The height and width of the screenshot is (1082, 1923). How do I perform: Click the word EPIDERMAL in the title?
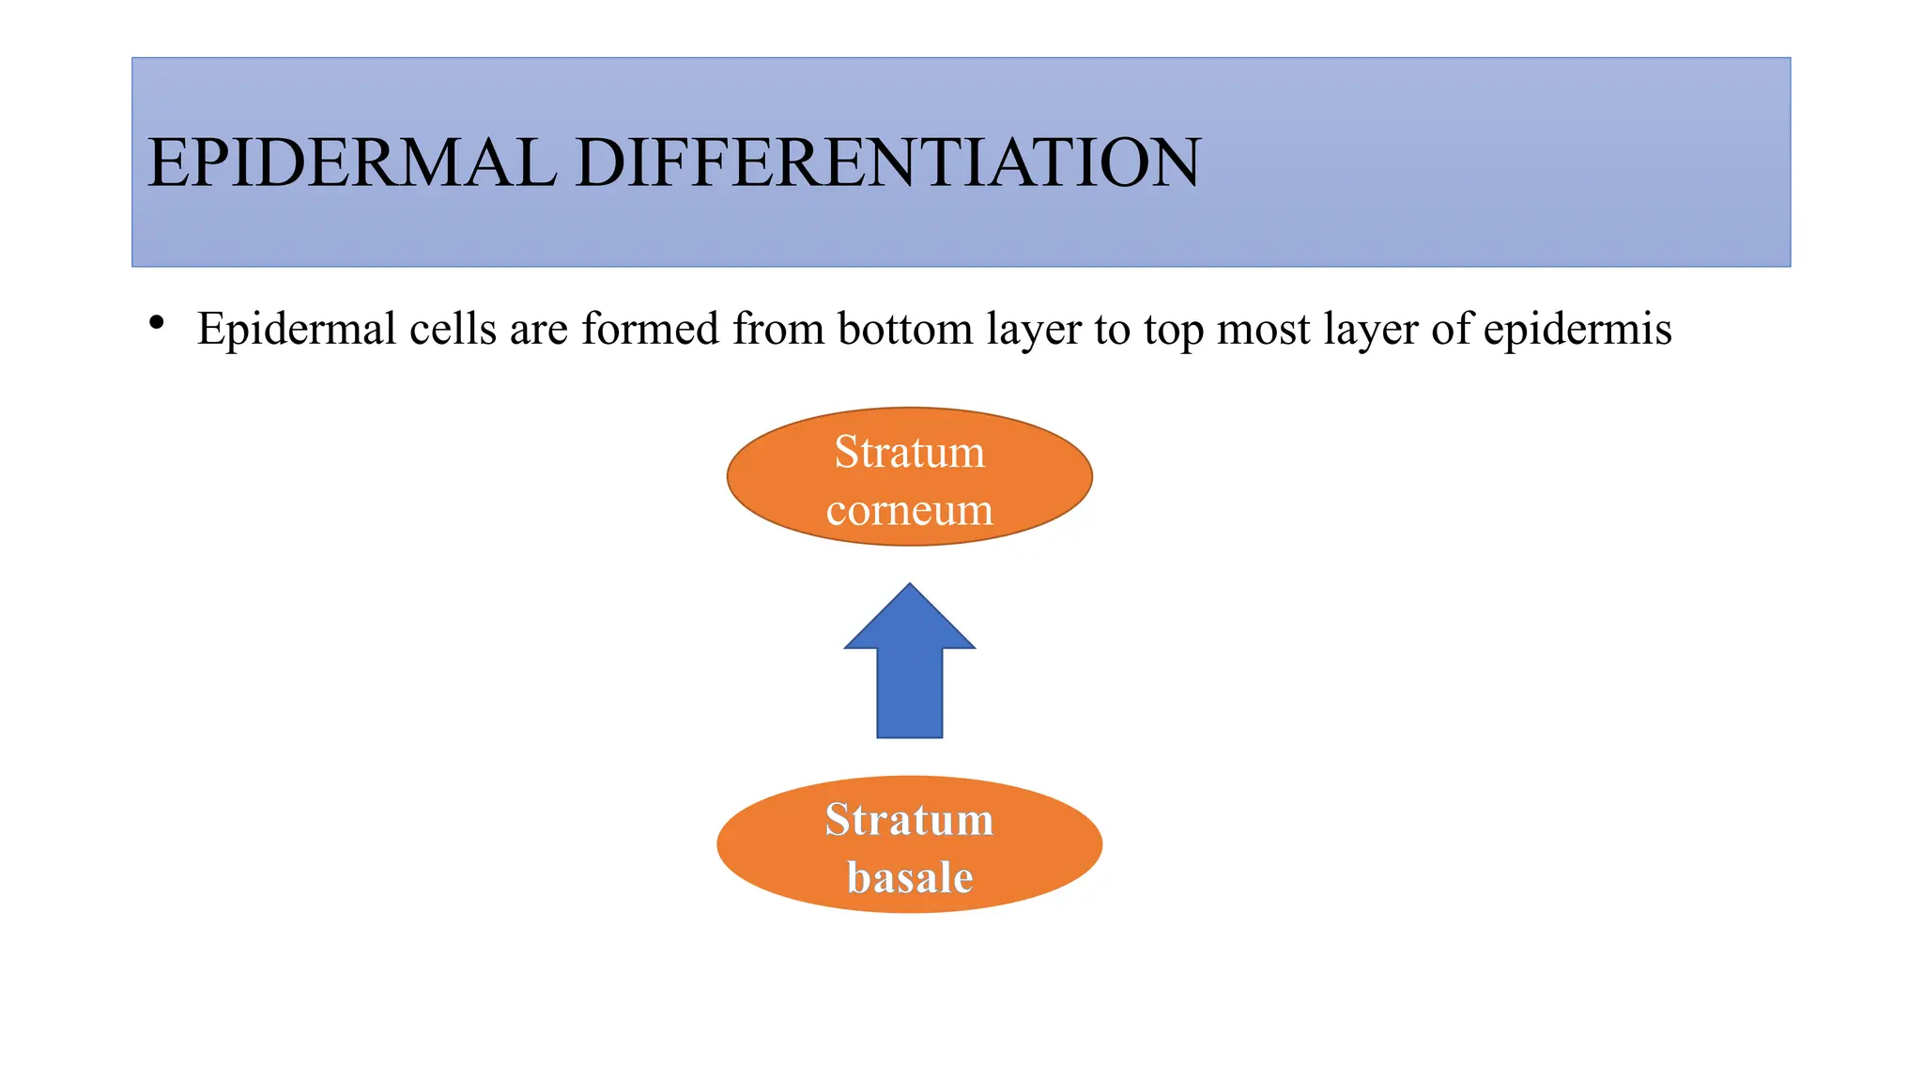[x=352, y=162]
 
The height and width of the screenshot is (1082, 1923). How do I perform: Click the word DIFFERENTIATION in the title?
[x=887, y=162]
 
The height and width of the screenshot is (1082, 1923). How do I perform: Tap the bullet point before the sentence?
[x=157, y=323]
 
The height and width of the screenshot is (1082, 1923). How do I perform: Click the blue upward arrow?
[x=909, y=676]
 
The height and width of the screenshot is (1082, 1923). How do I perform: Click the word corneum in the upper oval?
[x=909, y=510]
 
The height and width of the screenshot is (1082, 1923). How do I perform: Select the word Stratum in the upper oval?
[x=909, y=452]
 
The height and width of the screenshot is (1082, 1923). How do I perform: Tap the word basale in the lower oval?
[x=909, y=877]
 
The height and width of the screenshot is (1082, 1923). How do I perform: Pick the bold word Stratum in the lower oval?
[x=909, y=819]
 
